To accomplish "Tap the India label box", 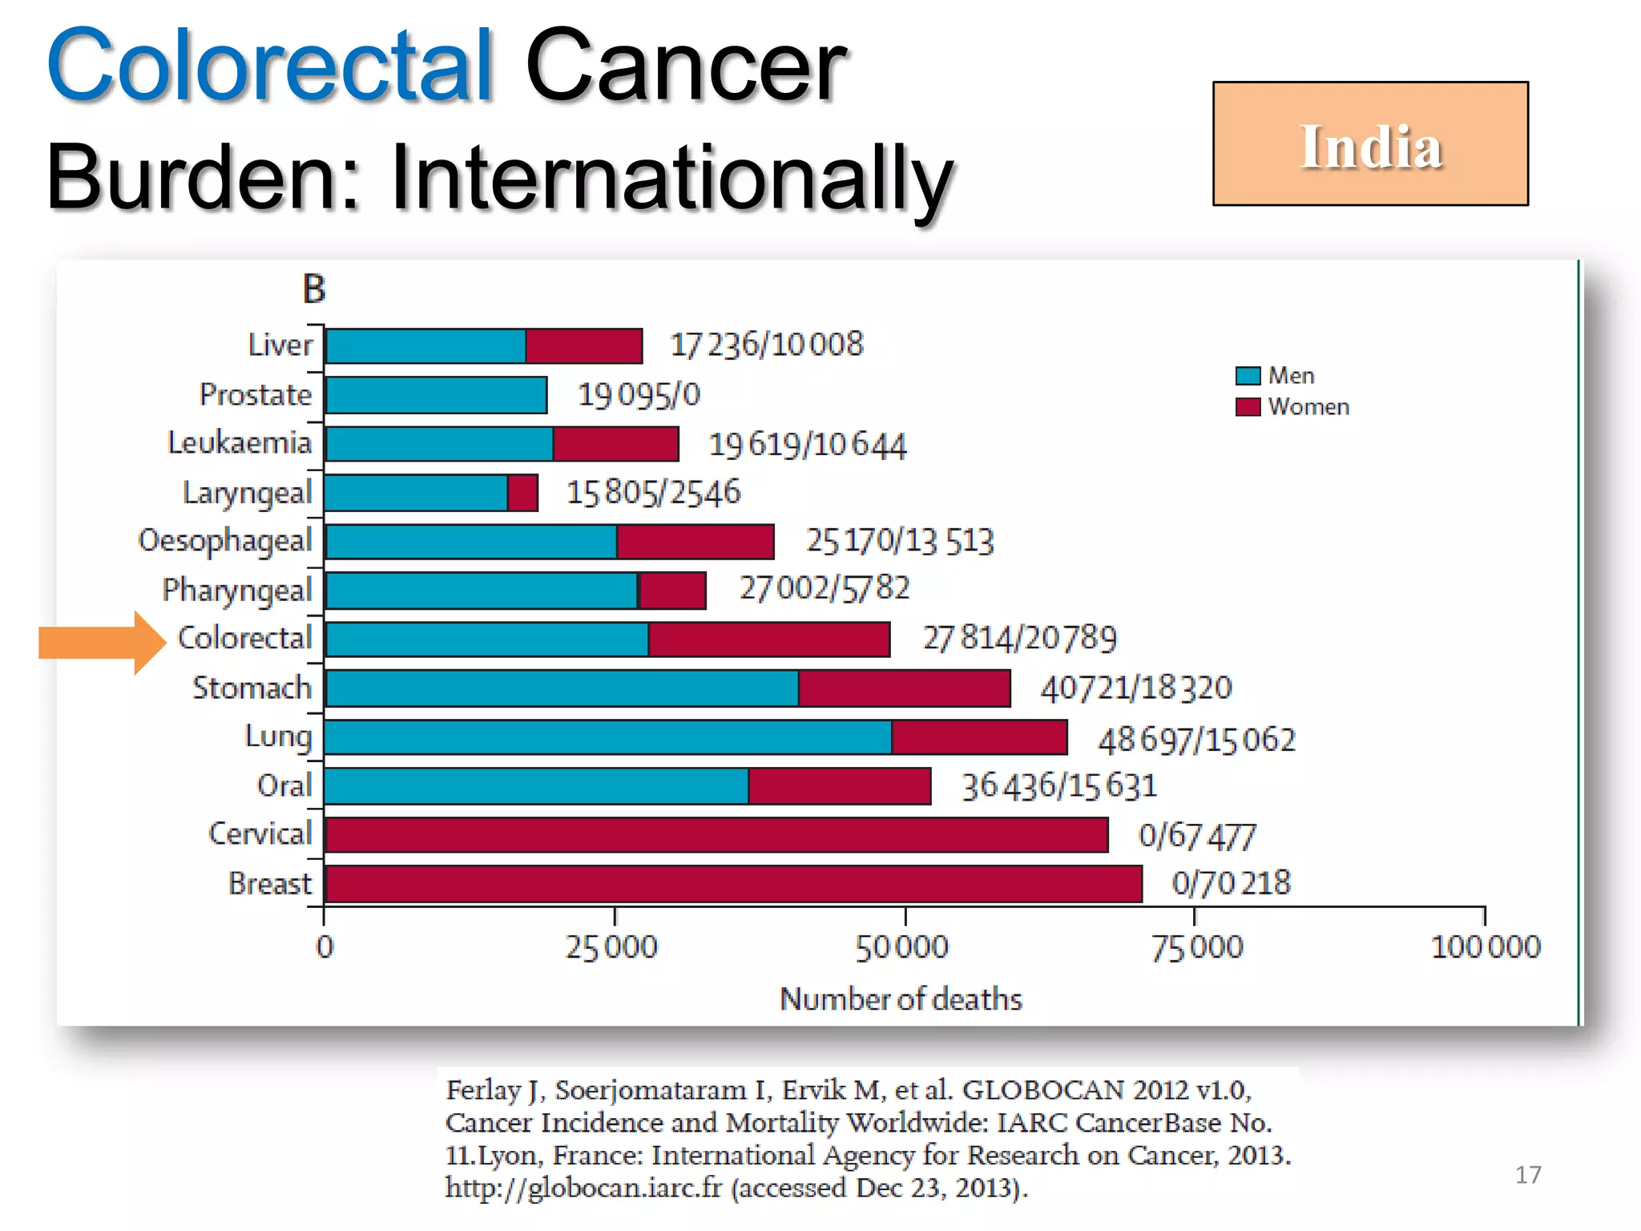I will click(1370, 144).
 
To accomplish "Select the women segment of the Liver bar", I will click(583, 346).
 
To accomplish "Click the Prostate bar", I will click(437, 395).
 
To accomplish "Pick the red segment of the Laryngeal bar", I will click(522, 493).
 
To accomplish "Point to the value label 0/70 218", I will click(1231, 883).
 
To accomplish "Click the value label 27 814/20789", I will click(1019, 639).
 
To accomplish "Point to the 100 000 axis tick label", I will click(1486, 947).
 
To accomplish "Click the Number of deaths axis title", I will click(901, 999).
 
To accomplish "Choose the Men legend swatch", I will click(1248, 376).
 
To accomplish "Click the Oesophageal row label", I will click(225, 541).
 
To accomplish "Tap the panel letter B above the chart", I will click(314, 289).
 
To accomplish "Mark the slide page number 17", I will click(1528, 1175).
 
